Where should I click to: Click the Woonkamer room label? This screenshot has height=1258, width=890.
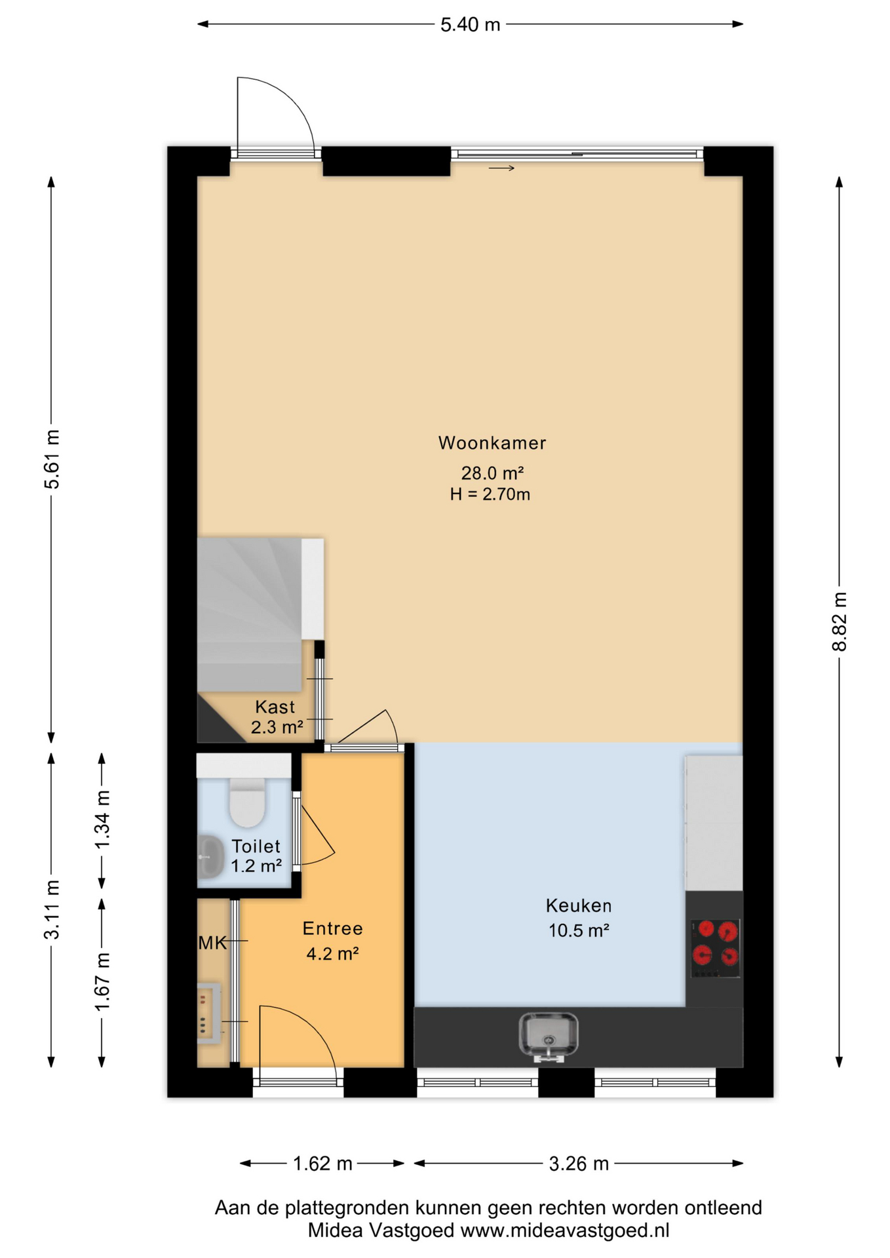pyautogui.click(x=492, y=443)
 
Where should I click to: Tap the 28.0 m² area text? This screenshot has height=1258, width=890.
pyautogui.click(x=492, y=472)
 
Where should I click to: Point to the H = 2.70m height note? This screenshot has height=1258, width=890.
pyautogui.click(x=490, y=494)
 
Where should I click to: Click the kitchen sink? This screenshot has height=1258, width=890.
pyautogui.click(x=549, y=1036)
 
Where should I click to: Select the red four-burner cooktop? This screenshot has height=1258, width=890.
pyautogui.click(x=716, y=947)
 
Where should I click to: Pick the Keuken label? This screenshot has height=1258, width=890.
pyautogui.click(x=579, y=905)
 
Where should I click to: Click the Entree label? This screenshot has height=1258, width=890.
pyautogui.click(x=332, y=928)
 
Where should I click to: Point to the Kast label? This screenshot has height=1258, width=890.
pyautogui.click(x=275, y=707)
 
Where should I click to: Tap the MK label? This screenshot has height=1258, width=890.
pyautogui.click(x=212, y=943)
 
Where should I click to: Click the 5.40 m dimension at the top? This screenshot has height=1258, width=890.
pyautogui.click(x=470, y=25)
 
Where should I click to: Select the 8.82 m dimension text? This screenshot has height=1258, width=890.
pyautogui.click(x=840, y=621)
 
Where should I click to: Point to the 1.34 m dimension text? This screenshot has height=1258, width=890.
pyautogui.click(x=102, y=820)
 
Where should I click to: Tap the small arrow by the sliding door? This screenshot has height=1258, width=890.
pyautogui.click(x=501, y=168)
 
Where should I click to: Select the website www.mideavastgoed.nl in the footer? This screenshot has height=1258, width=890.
pyautogui.click(x=565, y=1230)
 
